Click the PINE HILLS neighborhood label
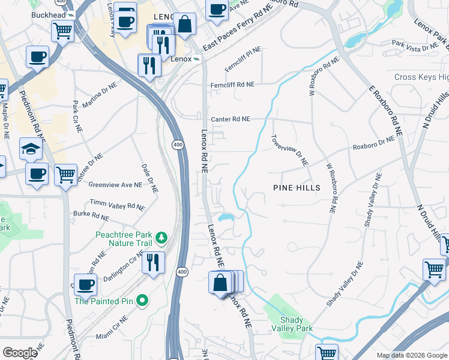(x=297, y=188)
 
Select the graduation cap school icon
(x=31, y=148)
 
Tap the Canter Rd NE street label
(x=230, y=119)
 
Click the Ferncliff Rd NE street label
(x=232, y=85)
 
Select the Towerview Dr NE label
(x=290, y=151)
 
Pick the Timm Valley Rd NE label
(x=117, y=205)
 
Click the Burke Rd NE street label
(x=91, y=214)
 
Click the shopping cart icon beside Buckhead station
(x=62, y=30)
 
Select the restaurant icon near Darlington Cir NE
(x=153, y=262)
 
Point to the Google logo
(x=20, y=353)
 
